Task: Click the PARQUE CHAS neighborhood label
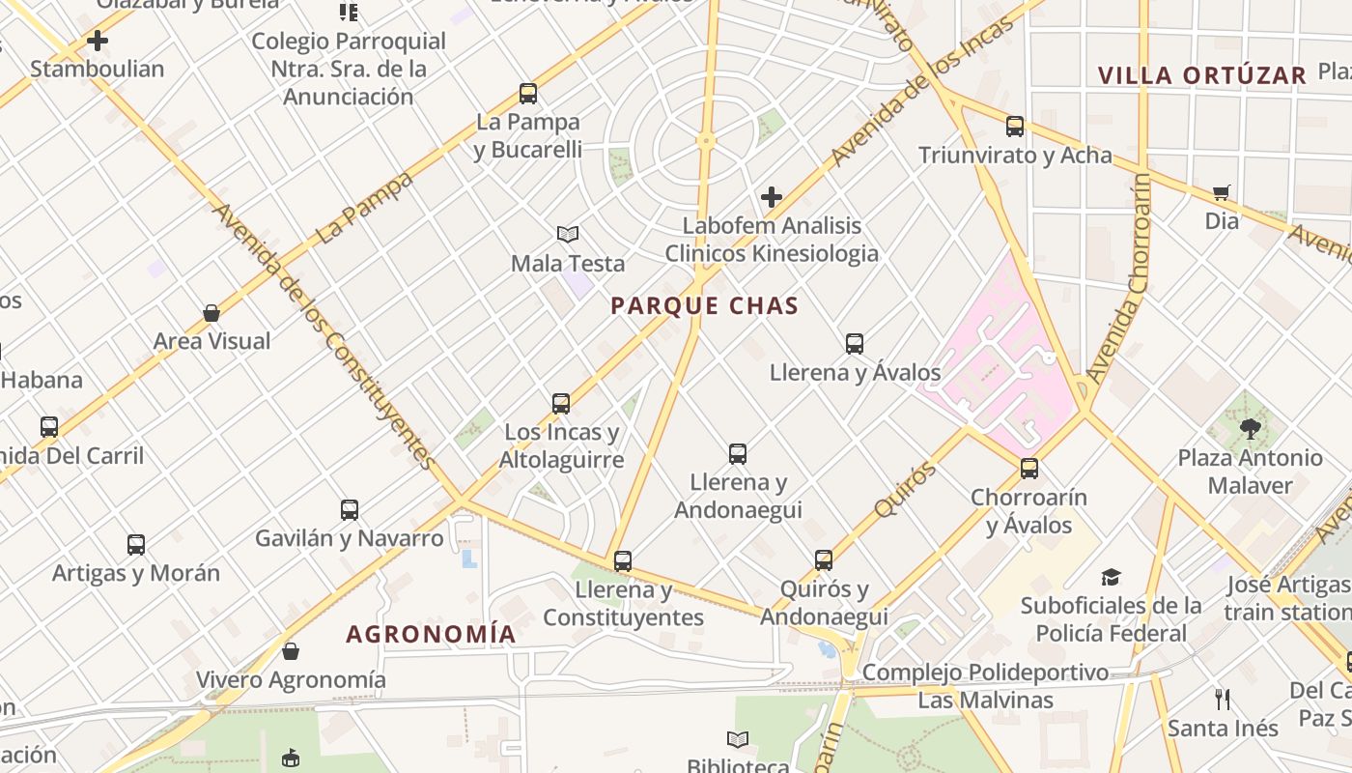point(705,306)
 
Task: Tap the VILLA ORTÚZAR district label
point(1201,75)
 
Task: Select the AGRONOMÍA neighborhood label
point(431,634)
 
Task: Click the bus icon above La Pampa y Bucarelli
point(527,94)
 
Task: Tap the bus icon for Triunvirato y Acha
point(1014,127)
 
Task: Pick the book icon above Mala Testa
point(568,235)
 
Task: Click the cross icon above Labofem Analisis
point(771,197)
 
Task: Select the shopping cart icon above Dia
point(1222,192)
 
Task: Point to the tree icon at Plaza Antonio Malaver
point(1250,428)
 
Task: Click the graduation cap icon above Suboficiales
point(1111,578)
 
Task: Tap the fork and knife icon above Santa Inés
point(1222,699)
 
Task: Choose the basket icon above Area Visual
point(211,313)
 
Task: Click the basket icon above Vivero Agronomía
point(291,651)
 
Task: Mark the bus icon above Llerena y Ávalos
point(854,344)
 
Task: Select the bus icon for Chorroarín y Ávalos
point(1029,469)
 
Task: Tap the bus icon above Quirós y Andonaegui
point(823,560)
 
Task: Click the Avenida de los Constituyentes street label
point(324,333)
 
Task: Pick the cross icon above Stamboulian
point(97,41)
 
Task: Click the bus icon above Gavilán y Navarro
point(349,510)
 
